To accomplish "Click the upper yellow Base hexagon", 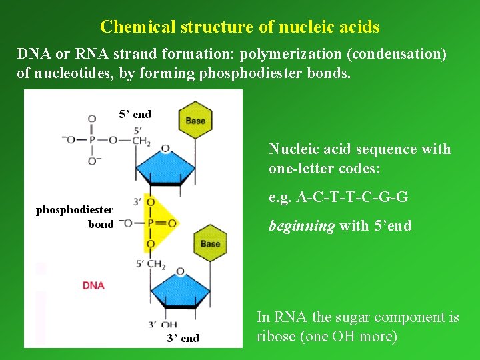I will (195, 121).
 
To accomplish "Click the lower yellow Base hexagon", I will (210, 243).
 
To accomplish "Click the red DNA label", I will (93, 285).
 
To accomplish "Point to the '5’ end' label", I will (135, 114).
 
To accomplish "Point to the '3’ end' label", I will (183, 338).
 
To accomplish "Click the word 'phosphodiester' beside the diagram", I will (75, 210).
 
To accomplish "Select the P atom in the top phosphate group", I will (92, 139).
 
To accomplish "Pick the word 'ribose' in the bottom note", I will (277, 337).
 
